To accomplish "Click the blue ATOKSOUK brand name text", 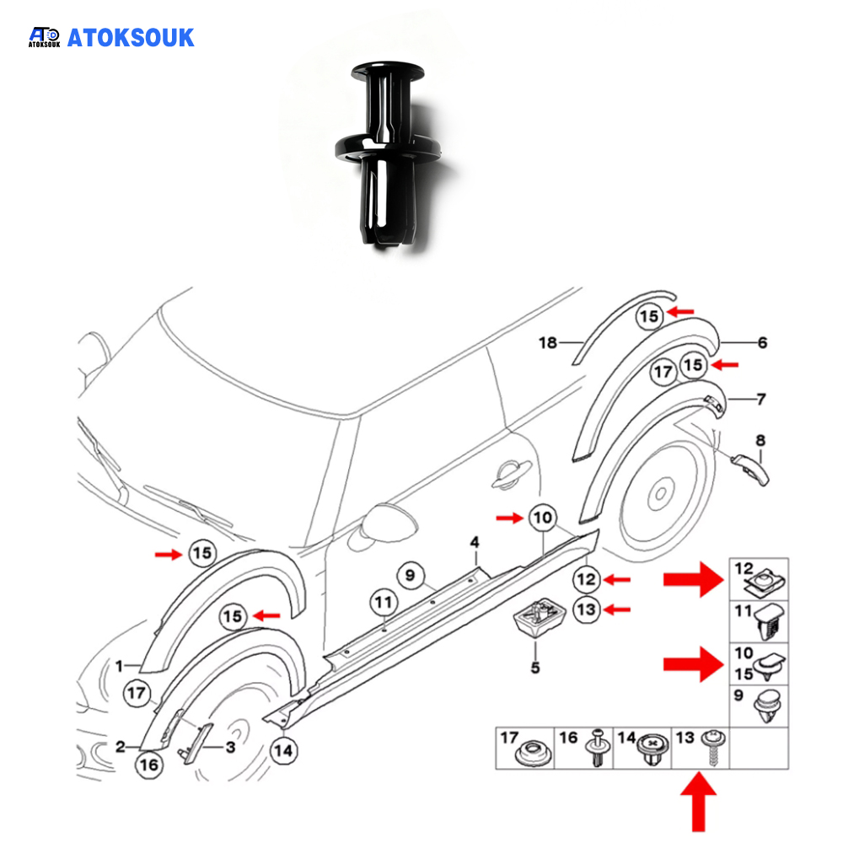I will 130,37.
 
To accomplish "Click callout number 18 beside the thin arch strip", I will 549,341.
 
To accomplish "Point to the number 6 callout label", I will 762,342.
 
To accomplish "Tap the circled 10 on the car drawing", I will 542,518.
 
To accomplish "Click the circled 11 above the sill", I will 384,603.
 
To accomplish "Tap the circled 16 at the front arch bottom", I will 148,765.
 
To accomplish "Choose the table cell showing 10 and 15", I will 759,664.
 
